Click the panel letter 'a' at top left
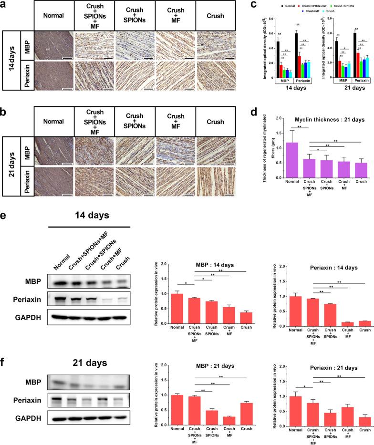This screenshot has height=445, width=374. click(x=4, y=5)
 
